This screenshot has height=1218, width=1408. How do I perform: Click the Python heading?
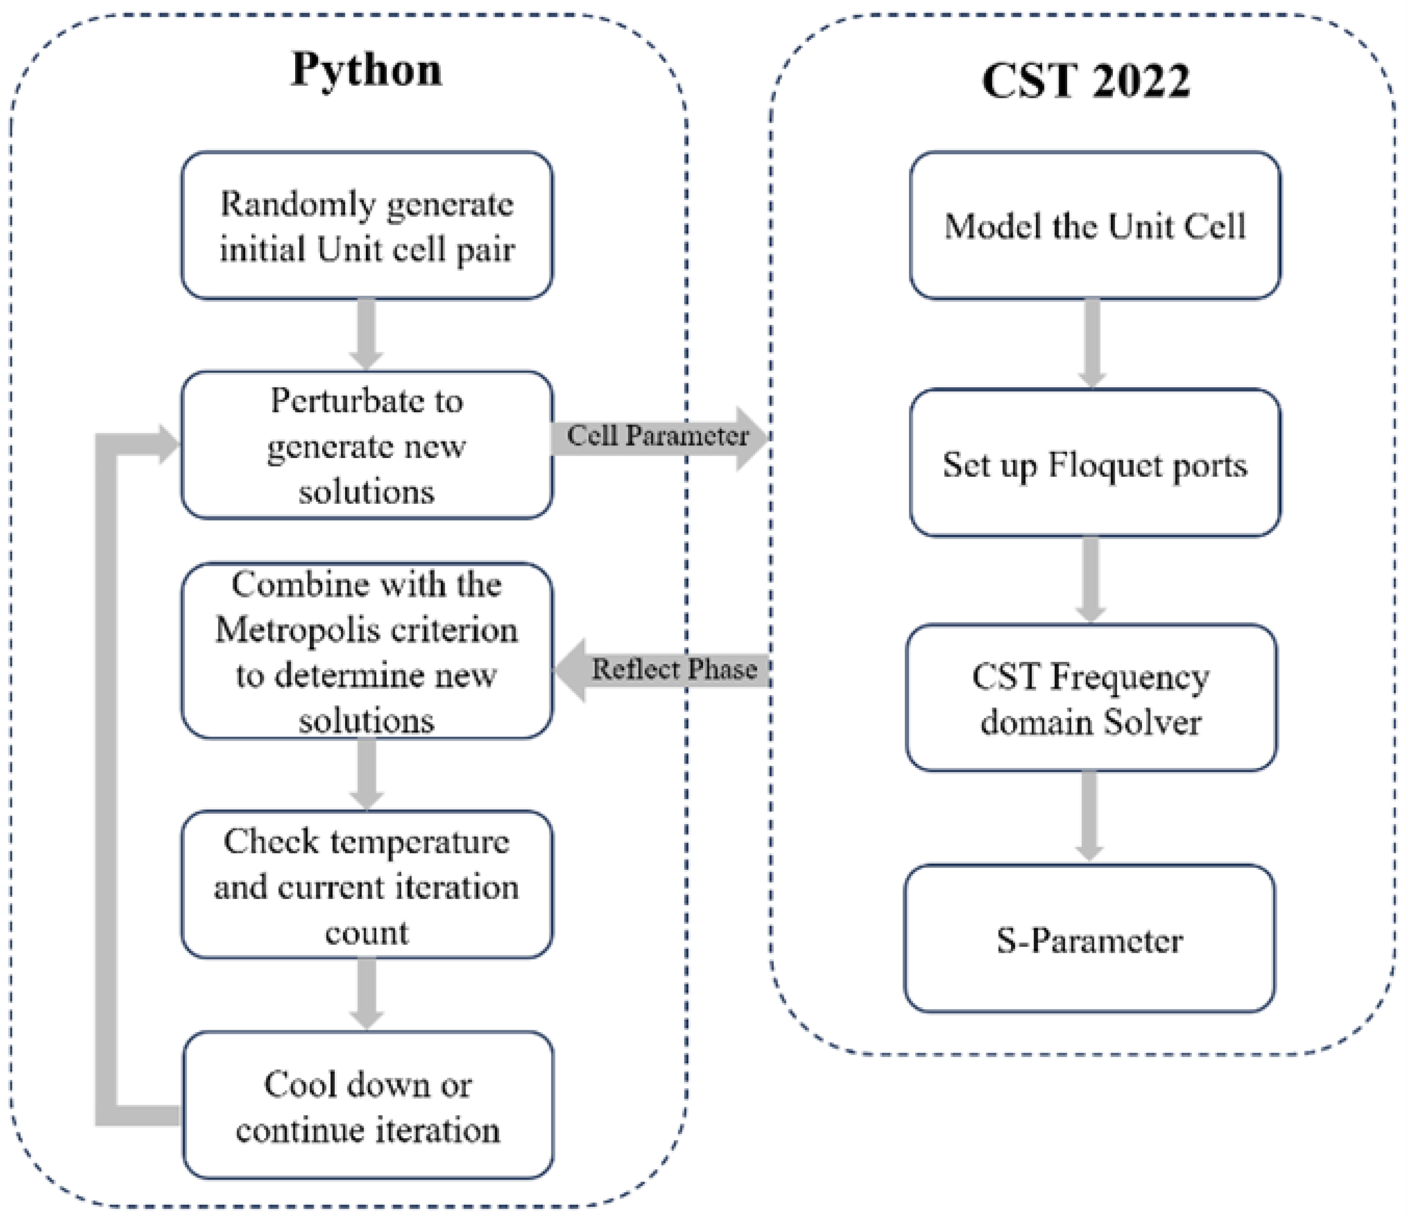click(366, 69)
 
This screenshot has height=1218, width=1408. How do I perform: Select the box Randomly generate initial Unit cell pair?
click(366, 225)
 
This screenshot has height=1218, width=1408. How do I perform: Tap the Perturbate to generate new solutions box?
click(366, 446)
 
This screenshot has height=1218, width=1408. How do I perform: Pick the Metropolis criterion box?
click(366, 651)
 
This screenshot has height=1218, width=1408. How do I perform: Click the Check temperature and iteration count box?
click(366, 885)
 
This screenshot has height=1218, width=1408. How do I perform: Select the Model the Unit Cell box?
click(1095, 225)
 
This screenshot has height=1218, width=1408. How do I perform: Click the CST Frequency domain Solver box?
click(1091, 699)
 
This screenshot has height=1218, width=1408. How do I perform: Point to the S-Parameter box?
click(1089, 941)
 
